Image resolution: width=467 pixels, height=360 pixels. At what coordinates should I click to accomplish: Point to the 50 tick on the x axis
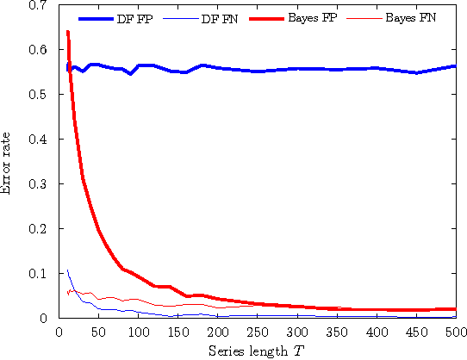[x=98, y=332]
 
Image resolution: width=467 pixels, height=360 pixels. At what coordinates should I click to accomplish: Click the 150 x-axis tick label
[x=177, y=332]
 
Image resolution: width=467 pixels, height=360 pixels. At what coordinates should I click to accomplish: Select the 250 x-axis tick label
[x=257, y=332]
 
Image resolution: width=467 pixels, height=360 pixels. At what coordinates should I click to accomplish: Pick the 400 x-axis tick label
[x=376, y=332]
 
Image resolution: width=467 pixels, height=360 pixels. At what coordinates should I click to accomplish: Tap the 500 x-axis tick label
[x=455, y=332]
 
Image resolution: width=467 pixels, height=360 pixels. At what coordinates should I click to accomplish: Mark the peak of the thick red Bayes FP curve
[x=67, y=32]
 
